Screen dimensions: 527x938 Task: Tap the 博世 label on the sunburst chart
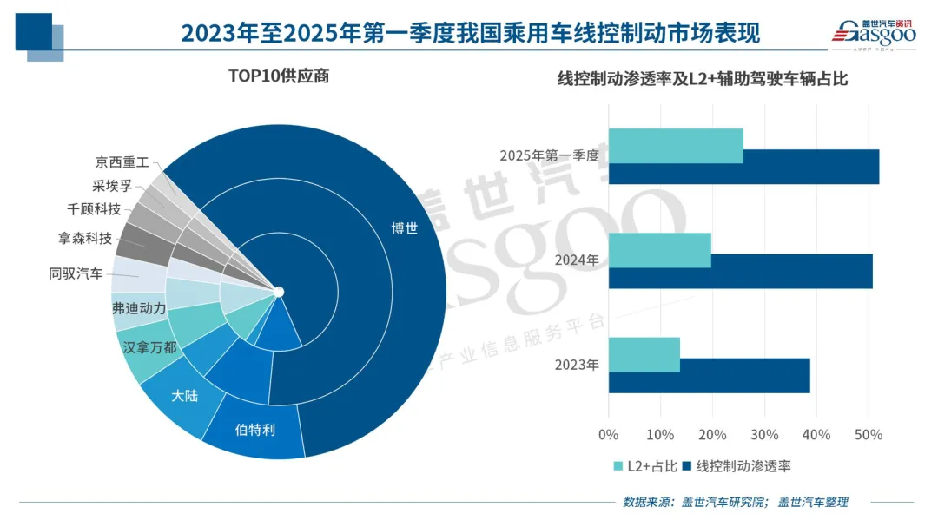point(404,228)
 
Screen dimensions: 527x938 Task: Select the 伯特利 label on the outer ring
point(255,429)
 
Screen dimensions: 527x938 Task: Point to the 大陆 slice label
point(183,395)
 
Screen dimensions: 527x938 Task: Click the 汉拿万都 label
point(149,347)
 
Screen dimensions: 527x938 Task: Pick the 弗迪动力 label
point(139,308)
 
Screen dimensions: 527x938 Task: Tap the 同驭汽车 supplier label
point(76,274)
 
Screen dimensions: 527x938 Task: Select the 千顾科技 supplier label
point(94,208)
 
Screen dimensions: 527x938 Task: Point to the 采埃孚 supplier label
point(111,185)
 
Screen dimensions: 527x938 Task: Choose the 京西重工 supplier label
point(122,162)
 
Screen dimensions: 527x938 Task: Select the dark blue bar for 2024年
point(740,271)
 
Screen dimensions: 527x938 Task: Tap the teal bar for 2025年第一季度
point(676,146)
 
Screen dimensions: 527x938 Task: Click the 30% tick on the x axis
point(764,434)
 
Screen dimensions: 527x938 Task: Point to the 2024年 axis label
point(578,260)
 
